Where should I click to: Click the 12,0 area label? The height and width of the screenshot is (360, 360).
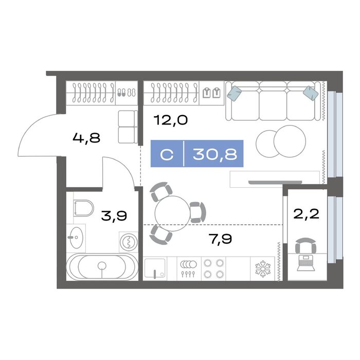(171, 120)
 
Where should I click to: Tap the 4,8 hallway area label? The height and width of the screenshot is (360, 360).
(86, 138)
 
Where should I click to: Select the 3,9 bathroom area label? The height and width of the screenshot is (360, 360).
(114, 216)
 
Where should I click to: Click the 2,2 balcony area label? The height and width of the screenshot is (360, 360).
(307, 214)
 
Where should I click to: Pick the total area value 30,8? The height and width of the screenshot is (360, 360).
(215, 154)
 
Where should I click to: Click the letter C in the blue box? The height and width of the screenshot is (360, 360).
(167, 154)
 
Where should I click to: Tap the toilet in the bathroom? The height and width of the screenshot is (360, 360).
(83, 208)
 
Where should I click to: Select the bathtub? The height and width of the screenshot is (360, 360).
(102, 266)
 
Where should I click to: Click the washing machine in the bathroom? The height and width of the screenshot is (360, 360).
(129, 242)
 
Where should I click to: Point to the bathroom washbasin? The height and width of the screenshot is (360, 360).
(76, 238)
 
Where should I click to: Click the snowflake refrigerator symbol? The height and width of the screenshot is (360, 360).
(263, 268)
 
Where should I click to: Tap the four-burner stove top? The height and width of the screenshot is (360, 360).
(214, 268)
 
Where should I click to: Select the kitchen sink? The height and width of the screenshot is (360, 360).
(155, 268)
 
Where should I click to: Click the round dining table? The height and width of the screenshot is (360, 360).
(172, 213)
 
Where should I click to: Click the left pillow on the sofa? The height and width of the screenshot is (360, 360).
(235, 94)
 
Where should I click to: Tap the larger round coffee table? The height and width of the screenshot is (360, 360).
(290, 141)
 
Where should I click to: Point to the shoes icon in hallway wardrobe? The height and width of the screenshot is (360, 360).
(127, 93)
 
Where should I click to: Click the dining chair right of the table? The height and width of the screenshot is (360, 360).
(197, 212)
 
